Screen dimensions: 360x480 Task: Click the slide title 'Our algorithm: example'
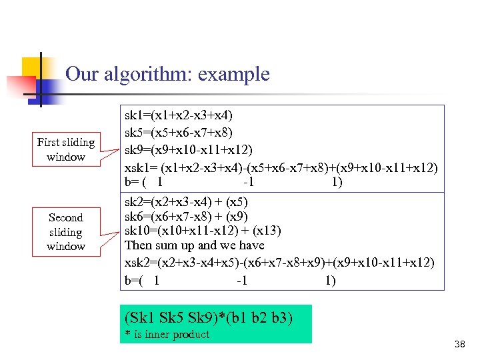(x=167, y=74)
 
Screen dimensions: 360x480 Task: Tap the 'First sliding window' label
(x=66, y=149)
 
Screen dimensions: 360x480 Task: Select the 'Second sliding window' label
(x=66, y=231)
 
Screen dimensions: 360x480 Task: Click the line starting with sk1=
(x=179, y=116)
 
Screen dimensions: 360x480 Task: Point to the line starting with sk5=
(x=179, y=133)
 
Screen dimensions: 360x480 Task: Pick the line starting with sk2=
(x=186, y=201)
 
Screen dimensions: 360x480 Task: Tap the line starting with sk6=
(x=186, y=216)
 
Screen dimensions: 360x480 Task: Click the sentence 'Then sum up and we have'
(x=195, y=245)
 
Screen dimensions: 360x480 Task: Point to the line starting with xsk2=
(x=279, y=262)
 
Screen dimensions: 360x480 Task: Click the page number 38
(x=459, y=344)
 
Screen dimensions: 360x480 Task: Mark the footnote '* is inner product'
(x=167, y=335)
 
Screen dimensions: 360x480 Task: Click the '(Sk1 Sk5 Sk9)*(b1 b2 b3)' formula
(x=209, y=317)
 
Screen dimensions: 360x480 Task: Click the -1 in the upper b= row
(x=248, y=182)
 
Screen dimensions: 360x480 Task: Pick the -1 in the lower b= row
(x=241, y=281)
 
